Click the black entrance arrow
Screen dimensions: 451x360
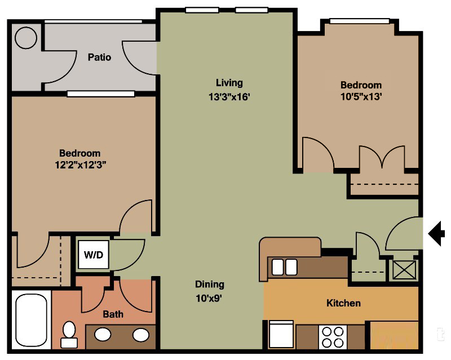pyautogui.click(x=436, y=233)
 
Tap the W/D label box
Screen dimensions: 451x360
pyautogui.click(x=94, y=255)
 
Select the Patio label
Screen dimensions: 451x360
pyautogui.click(x=99, y=57)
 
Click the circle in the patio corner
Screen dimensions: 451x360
pyautogui.click(x=26, y=39)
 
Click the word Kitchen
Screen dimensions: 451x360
pyautogui.click(x=343, y=303)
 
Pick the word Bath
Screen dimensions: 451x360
pyautogui.click(x=113, y=314)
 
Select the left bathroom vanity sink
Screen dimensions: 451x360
pyautogui.click(x=103, y=335)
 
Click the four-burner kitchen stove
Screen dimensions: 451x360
pyautogui.click(x=331, y=337)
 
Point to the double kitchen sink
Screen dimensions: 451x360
pyautogui.click(x=284, y=267)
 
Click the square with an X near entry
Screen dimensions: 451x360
pyautogui.click(x=404, y=270)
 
